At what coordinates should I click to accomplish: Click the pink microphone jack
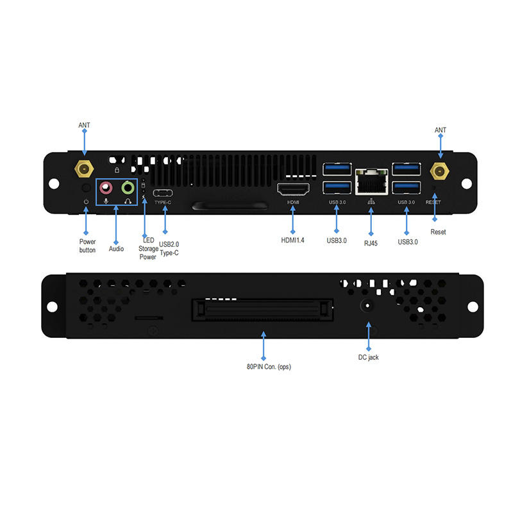pos(106,188)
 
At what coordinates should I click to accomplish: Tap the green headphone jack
pos(128,188)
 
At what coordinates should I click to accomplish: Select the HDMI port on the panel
pos(292,189)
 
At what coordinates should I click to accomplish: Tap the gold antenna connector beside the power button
pos(83,169)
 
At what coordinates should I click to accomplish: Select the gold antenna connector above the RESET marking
pos(439,171)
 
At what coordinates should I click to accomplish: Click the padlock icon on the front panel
pos(117,170)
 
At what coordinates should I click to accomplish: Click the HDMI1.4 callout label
pos(292,240)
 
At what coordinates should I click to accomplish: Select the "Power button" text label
pos(87,246)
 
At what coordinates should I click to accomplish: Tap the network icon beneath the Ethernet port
pos(371,202)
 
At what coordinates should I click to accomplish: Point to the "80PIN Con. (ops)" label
pos(264,366)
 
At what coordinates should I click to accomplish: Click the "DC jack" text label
pos(368,357)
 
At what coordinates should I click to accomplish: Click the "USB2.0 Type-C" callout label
pos(169,249)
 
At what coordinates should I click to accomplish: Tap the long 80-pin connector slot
pos(263,309)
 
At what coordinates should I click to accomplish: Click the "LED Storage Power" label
pos(148,249)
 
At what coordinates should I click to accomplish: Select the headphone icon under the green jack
pos(128,201)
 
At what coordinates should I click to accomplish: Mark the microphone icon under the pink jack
pos(106,201)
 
